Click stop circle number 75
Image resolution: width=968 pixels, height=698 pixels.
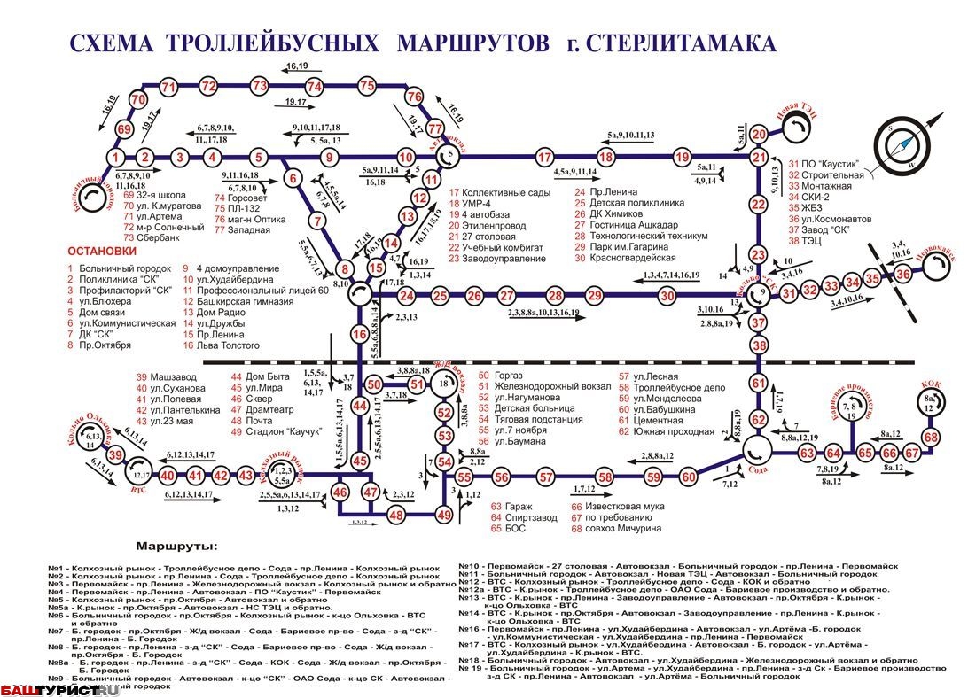(x=368, y=86)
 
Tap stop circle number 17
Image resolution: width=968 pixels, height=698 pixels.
(x=546, y=159)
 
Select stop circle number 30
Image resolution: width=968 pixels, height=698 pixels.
(x=667, y=296)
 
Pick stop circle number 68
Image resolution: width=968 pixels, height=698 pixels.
(x=931, y=438)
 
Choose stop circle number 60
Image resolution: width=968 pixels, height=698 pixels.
(x=689, y=477)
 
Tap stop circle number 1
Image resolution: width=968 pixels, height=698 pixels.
(x=115, y=159)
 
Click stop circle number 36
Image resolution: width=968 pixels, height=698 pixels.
(x=903, y=275)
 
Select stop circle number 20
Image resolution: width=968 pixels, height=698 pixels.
(x=758, y=135)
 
